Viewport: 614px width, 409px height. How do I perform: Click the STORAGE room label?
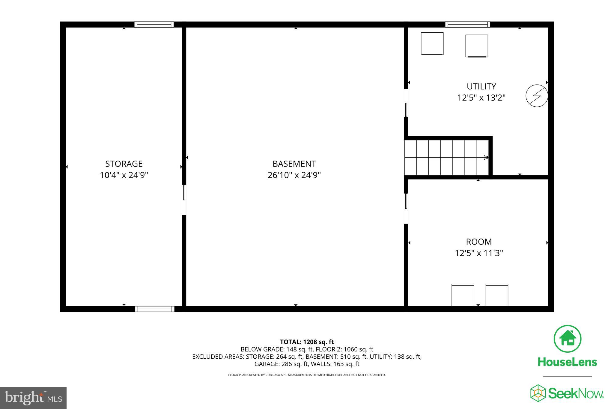pyautogui.click(x=124, y=164)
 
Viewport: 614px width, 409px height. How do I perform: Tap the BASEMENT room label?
pyautogui.click(x=294, y=164)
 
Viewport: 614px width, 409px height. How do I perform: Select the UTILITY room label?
pyautogui.click(x=481, y=86)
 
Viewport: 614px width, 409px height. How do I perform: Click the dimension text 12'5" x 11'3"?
pyautogui.click(x=479, y=253)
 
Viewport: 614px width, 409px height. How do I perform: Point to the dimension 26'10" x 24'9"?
pyautogui.click(x=294, y=175)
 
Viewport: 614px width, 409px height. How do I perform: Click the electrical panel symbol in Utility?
pyautogui.click(x=537, y=96)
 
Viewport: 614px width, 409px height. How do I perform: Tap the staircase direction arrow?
pyautogui.click(x=486, y=157)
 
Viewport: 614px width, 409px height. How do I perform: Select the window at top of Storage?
pyautogui.click(x=154, y=25)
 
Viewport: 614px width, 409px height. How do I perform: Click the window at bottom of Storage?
pyautogui.click(x=155, y=309)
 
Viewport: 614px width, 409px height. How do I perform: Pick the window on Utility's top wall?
pyautogui.click(x=467, y=25)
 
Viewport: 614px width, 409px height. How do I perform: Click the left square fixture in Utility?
pyautogui.click(x=432, y=44)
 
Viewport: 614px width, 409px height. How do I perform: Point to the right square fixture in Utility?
pyautogui.click(x=476, y=46)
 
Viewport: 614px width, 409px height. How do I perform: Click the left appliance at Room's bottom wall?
pyautogui.click(x=463, y=295)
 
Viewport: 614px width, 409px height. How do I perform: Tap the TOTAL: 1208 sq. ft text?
pyautogui.click(x=307, y=342)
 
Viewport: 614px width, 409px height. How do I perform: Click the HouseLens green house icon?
pyautogui.click(x=567, y=339)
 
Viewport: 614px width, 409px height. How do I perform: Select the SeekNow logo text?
pyautogui.click(x=576, y=393)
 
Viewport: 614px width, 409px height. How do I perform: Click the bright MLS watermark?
pyautogui.click(x=33, y=398)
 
